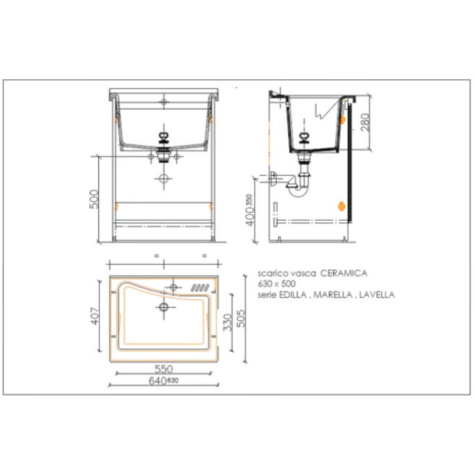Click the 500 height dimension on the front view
click(94, 199)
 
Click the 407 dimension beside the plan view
click(95, 316)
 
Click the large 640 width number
click(157, 381)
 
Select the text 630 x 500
click(276, 284)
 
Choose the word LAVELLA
click(377, 294)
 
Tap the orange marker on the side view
click(341, 206)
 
